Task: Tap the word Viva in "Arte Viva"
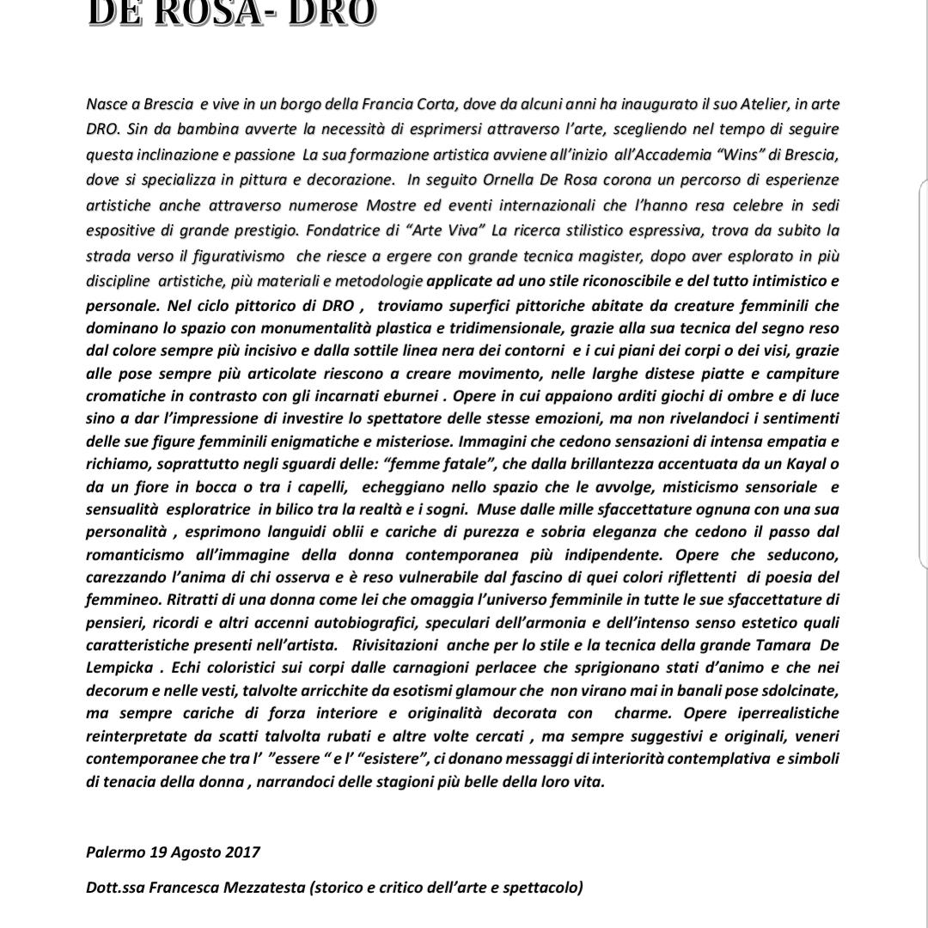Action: click(408, 231)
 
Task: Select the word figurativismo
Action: click(235, 256)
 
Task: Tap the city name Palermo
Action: click(116, 852)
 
